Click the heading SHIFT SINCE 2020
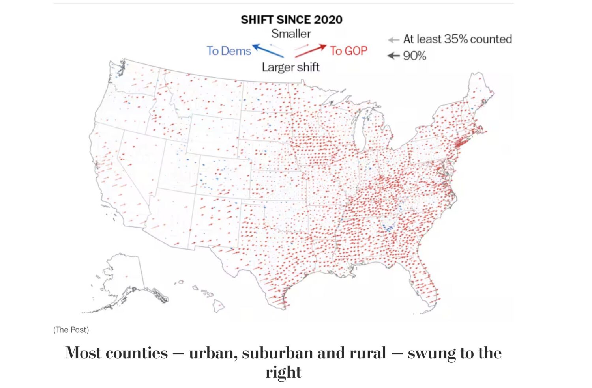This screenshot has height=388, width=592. click(x=291, y=20)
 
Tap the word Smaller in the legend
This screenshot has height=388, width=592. click(x=291, y=34)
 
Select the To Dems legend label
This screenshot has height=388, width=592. click(x=229, y=51)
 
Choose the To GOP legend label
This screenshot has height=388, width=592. click(x=348, y=51)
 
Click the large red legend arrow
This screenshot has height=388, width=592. click(x=311, y=50)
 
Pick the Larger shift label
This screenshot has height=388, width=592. click(x=290, y=67)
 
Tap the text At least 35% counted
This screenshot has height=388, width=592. click(x=457, y=39)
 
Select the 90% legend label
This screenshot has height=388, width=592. click(x=414, y=56)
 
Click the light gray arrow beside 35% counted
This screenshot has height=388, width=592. click(x=393, y=40)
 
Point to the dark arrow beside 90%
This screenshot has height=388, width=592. click(x=393, y=56)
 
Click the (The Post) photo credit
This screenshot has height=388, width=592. click(x=71, y=330)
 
